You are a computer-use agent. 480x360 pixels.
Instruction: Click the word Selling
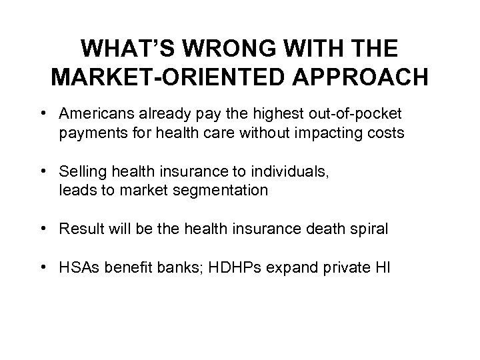(x=81, y=173)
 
